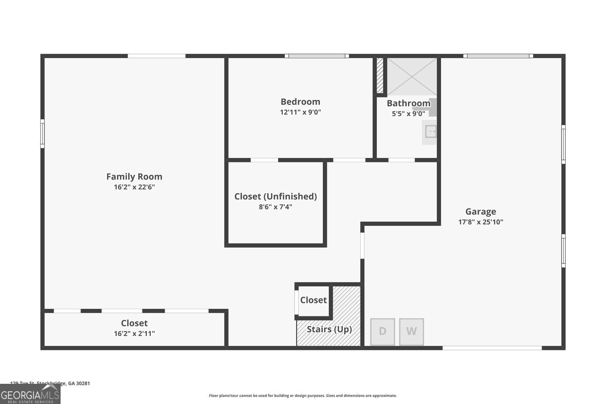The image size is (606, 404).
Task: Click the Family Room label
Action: [x=134, y=177]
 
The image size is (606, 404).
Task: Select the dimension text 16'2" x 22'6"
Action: [x=134, y=187]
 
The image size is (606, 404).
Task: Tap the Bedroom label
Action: [x=300, y=102]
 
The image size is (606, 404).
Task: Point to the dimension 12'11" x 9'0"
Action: [x=300, y=112]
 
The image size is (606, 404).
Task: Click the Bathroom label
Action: [x=408, y=103]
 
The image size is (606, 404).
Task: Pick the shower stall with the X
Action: [x=412, y=76]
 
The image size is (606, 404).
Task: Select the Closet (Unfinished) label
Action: [x=276, y=196]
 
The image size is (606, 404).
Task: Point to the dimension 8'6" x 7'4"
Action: [x=276, y=207]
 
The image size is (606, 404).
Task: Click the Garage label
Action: [x=480, y=212]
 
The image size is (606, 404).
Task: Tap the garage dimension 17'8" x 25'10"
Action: [x=480, y=222]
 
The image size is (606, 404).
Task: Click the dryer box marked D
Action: [x=383, y=332]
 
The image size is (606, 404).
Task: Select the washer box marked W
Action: [x=411, y=332]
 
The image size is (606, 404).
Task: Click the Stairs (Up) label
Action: [x=329, y=329]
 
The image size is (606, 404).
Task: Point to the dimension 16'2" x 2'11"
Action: [x=134, y=334]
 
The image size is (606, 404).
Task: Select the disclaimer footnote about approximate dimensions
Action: [x=303, y=396]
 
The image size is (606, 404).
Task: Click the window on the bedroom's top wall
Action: [x=317, y=56]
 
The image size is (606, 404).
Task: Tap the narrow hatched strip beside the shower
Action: [x=380, y=76]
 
